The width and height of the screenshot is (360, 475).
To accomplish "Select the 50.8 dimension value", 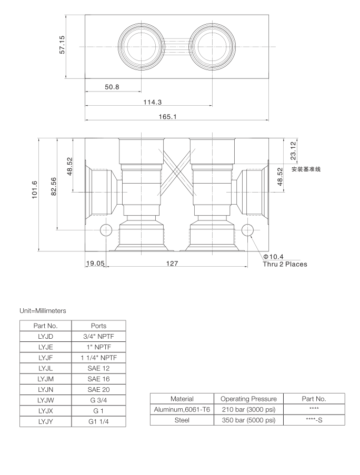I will coord(112,87).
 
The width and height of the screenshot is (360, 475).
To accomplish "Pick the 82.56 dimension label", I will coord(53,185).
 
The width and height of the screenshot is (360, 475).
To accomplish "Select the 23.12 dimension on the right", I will coord(293,150).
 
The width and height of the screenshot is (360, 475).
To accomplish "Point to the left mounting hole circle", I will coord(106,229).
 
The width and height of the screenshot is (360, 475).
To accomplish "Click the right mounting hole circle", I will coord(246,229).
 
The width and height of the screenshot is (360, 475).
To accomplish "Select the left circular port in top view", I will coord(141,46).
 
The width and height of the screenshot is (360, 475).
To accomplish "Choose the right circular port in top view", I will coord(212,46).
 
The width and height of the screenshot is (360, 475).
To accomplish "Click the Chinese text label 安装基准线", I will coord(306,169).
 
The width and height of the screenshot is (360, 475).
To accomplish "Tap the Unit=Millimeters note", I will coord(43,311).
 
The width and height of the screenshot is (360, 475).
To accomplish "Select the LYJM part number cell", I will coord(45,379).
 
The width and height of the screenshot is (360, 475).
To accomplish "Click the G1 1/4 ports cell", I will coord(98,421).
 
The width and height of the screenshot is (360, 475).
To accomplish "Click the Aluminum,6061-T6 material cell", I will coord(182,409).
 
